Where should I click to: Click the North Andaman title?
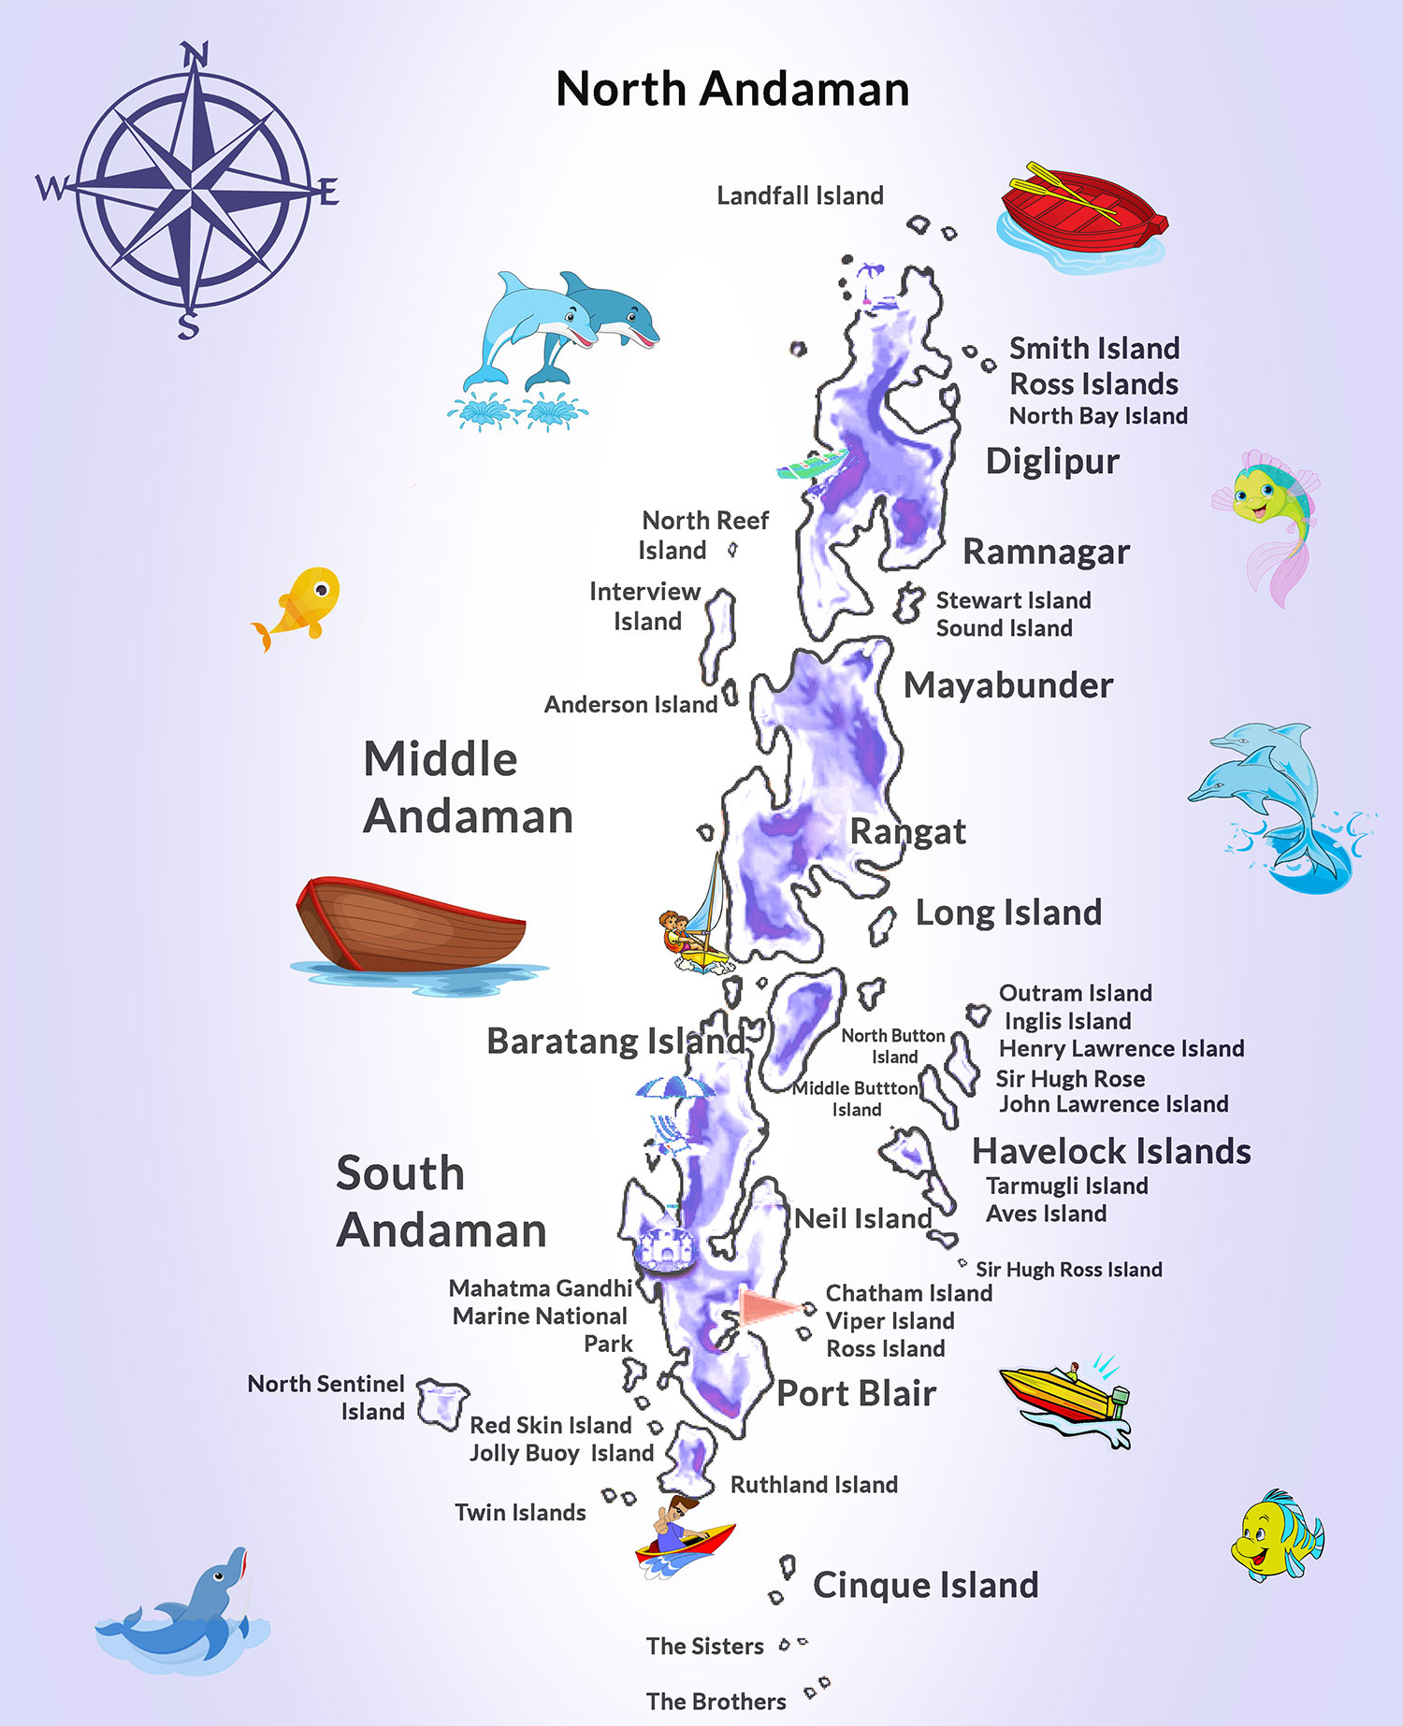tap(732, 90)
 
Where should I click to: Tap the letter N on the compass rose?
tap(194, 56)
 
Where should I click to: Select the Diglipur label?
tap(1052, 461)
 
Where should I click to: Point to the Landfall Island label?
tap(800, 195)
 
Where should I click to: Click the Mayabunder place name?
tap(1008, 685)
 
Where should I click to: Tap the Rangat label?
tap(907, 831)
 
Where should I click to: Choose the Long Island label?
tap(1008, 913)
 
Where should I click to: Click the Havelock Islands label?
tap(1111, 1151)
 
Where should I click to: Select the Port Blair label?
tap(856, 1393)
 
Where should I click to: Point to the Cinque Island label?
tap(925, 1585)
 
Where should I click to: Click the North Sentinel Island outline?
tap(441, 1402)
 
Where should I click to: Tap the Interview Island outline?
tap(718, 635)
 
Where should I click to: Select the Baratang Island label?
tap(615, 1041)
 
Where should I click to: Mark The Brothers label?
tap(716, 1702)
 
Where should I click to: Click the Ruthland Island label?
tap(814, 1485)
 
